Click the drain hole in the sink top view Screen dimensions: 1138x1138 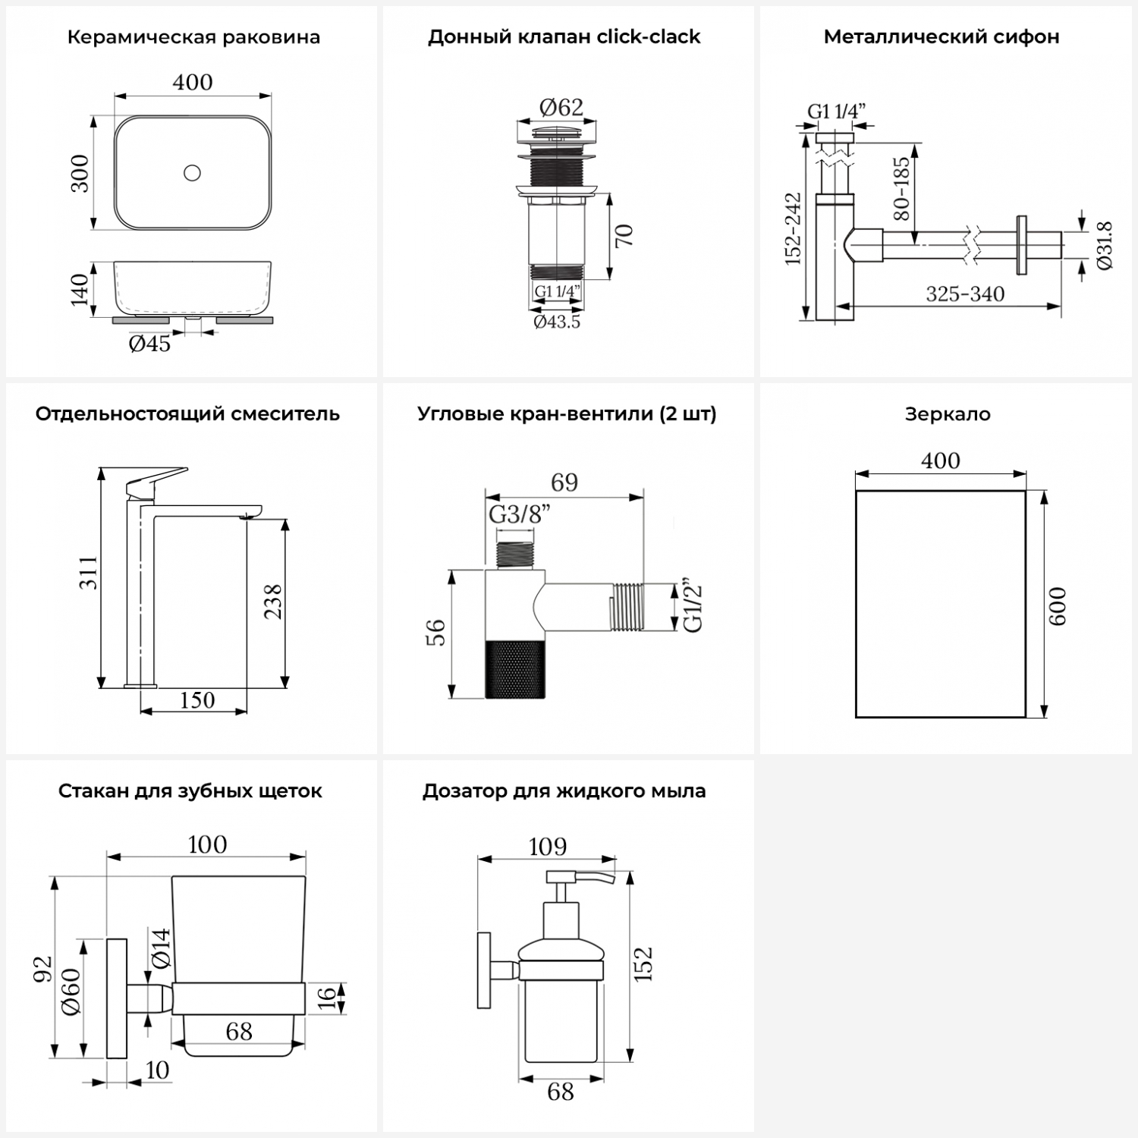pos(192,173)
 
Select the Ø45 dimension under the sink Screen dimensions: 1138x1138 pos(149,344)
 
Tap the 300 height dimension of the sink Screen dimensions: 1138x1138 pos(80,173)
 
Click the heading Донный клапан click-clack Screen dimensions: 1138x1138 pos(564,37)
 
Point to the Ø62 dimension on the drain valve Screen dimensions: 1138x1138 pos(561,108)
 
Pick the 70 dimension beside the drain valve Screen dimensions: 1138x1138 pos(624,235)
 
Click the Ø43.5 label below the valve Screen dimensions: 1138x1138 pos(556,322)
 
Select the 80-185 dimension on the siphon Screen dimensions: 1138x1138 pos(901,188)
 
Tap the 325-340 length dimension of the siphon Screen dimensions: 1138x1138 pos(965,294)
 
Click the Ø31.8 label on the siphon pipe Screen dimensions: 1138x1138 pos(1104,245)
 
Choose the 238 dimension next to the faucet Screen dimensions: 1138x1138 pos(272,602)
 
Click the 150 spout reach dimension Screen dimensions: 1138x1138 pos(196,700)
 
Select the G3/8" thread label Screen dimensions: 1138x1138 pos(519,514)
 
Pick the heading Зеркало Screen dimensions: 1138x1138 pos(947,414)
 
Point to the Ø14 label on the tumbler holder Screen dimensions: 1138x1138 pos(161,948)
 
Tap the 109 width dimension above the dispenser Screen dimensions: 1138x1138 pos(547,846)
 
